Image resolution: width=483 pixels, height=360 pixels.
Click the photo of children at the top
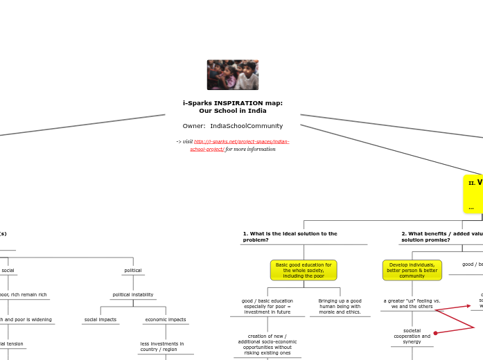(x=233, y=75)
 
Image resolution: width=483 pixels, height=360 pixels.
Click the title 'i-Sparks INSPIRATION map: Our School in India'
(x=233, y=107)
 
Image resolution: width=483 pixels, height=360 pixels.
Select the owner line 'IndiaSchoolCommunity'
(x=233, y=126)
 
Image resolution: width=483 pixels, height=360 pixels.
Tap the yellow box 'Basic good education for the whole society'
(x=304, y=270)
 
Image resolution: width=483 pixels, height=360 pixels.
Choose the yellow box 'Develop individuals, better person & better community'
(x=412, y=270)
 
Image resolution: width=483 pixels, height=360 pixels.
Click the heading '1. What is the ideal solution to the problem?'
(x=290, y=237)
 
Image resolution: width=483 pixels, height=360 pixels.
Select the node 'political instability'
(x=133, y=295)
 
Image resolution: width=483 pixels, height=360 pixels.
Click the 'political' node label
(x=133, y=271)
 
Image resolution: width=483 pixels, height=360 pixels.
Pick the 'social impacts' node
(x=100, y=320)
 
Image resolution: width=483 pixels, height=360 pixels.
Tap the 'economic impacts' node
(x=166, y=320)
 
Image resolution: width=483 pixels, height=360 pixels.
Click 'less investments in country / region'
(x=162, y=346)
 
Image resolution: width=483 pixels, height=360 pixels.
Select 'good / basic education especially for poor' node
(x=267, y=307)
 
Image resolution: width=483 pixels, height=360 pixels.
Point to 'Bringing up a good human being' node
(x=340, y=307)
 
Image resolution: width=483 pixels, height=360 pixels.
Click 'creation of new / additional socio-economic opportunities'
(x=267, y=344)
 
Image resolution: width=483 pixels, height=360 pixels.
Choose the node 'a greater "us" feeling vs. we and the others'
(x=412, y=303)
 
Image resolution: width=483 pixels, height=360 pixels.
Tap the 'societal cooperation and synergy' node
(x=412, y=336)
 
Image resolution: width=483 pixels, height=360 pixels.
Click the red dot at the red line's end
(x=435, y=333)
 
